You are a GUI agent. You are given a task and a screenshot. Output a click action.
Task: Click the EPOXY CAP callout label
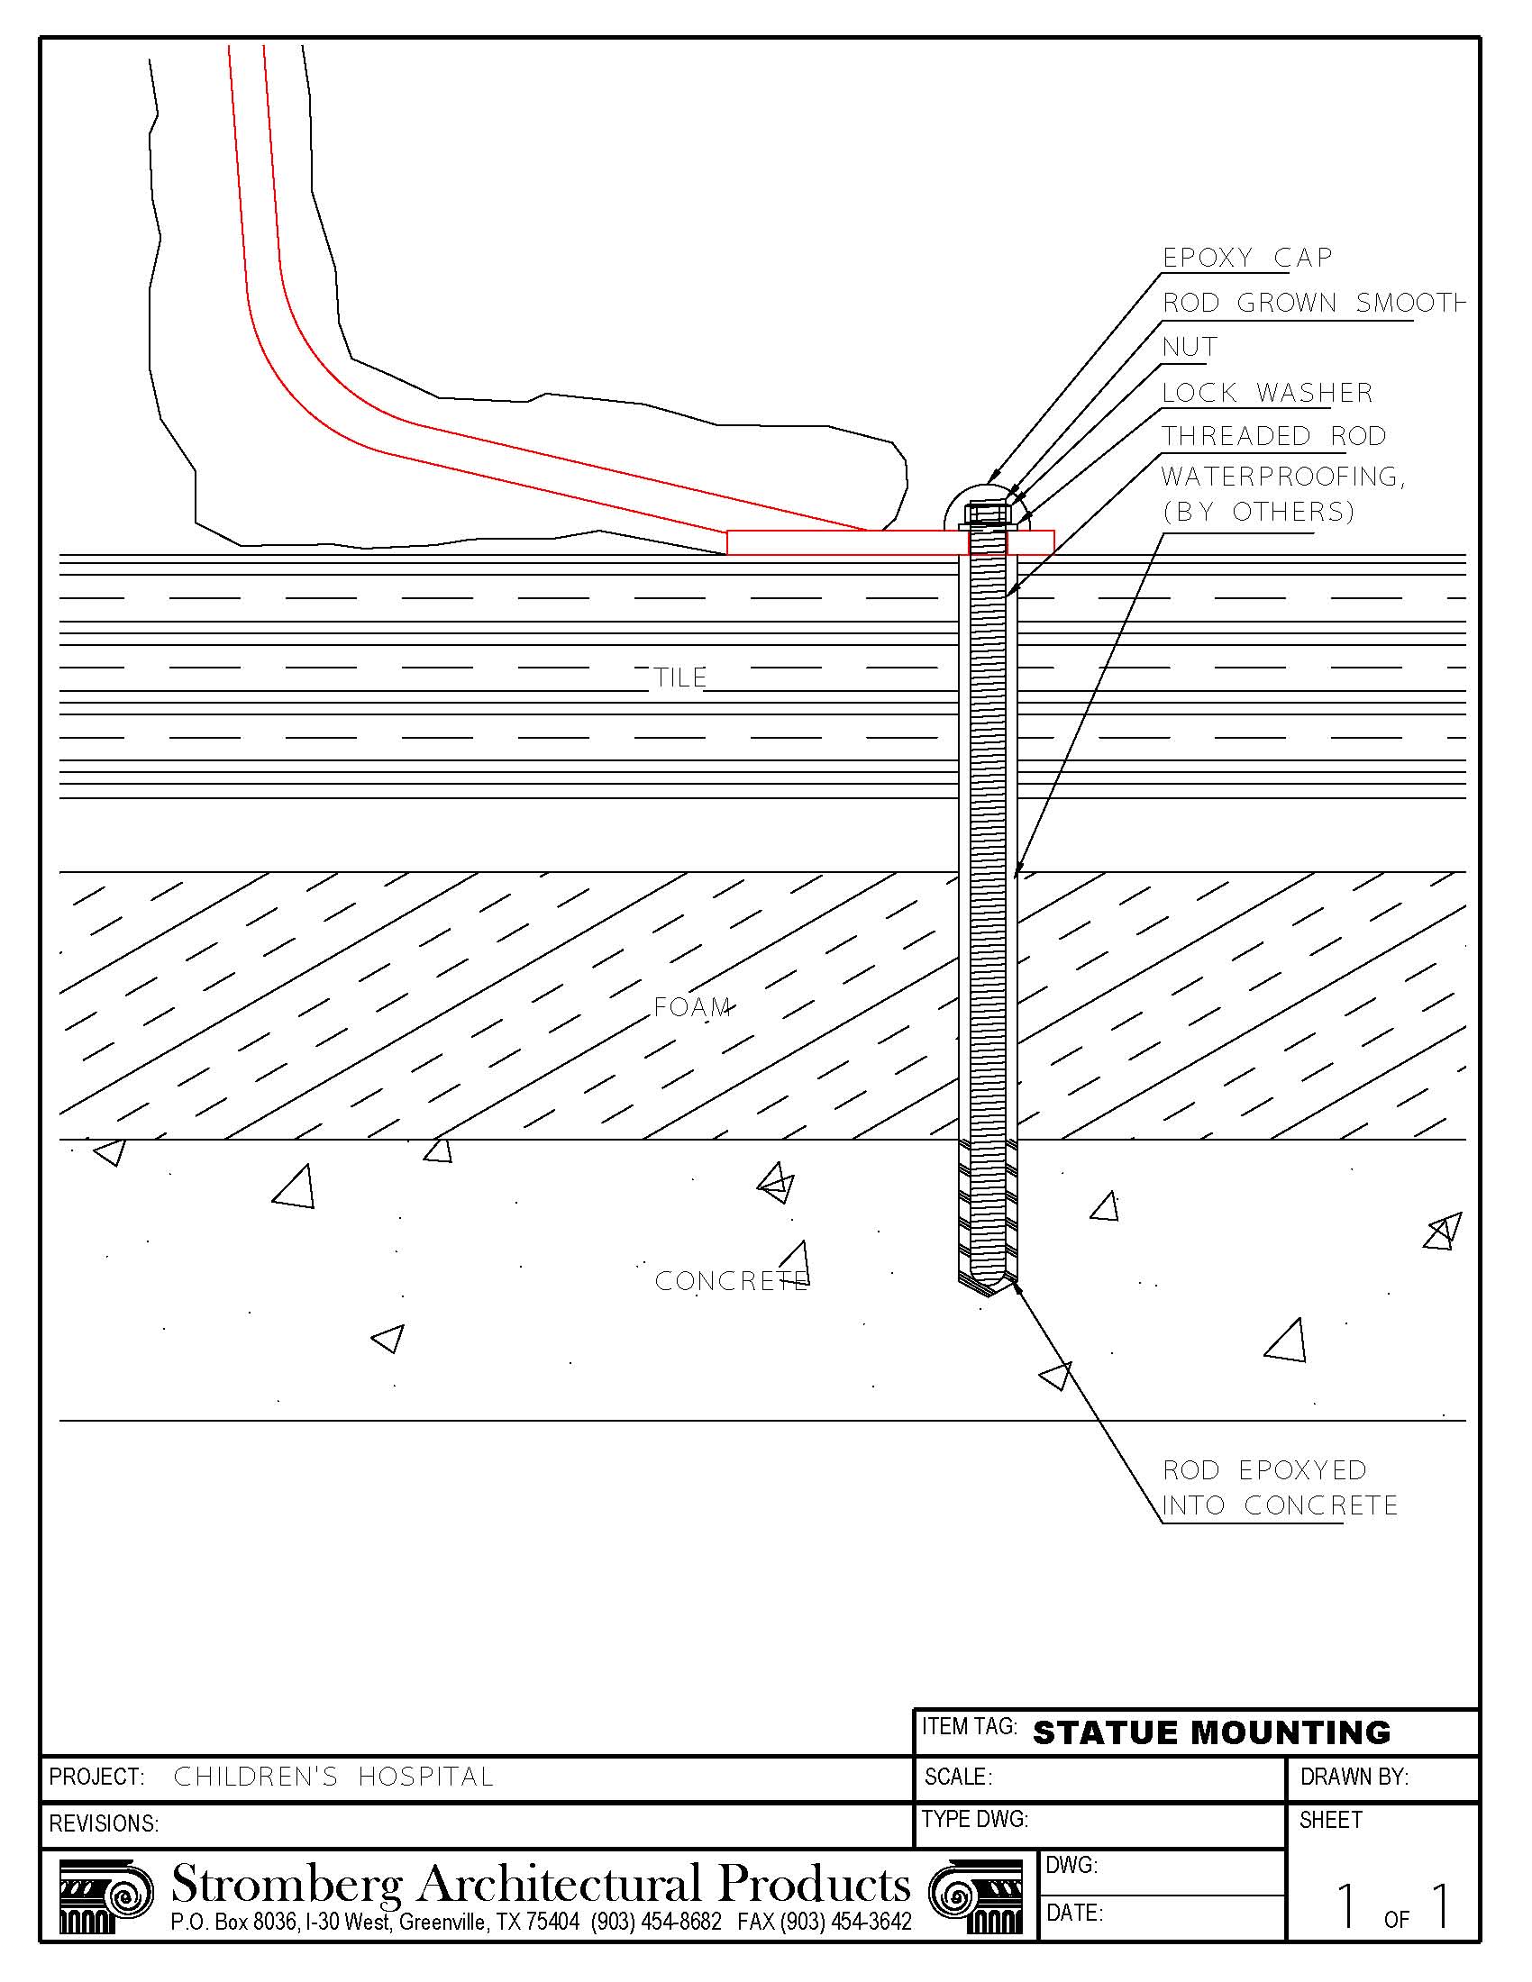1247,258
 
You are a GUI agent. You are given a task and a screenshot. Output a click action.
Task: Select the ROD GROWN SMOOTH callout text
1312,303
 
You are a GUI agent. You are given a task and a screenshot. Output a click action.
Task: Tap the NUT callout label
1190,348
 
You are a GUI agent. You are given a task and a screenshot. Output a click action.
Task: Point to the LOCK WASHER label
1267,393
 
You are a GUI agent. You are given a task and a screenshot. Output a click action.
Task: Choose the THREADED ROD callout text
1274,437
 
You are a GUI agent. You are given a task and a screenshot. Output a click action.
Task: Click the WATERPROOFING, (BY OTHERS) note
1282,494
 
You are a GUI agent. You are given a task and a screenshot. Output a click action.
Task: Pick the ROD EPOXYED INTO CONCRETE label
1280,1487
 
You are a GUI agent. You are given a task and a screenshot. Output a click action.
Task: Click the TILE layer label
679,677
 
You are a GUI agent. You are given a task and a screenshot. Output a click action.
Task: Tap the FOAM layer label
692,1007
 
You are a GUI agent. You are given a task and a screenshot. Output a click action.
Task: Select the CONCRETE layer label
732,1280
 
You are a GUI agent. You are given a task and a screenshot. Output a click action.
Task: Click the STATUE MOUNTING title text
1211,1732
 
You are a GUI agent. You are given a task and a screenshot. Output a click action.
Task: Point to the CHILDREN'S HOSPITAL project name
333,1777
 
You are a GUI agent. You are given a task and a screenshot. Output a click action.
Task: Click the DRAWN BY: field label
1354,1777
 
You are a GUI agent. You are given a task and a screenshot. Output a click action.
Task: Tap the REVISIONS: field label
104,1824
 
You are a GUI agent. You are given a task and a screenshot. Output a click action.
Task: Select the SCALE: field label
957,1777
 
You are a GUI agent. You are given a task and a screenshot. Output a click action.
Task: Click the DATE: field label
1073,1913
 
